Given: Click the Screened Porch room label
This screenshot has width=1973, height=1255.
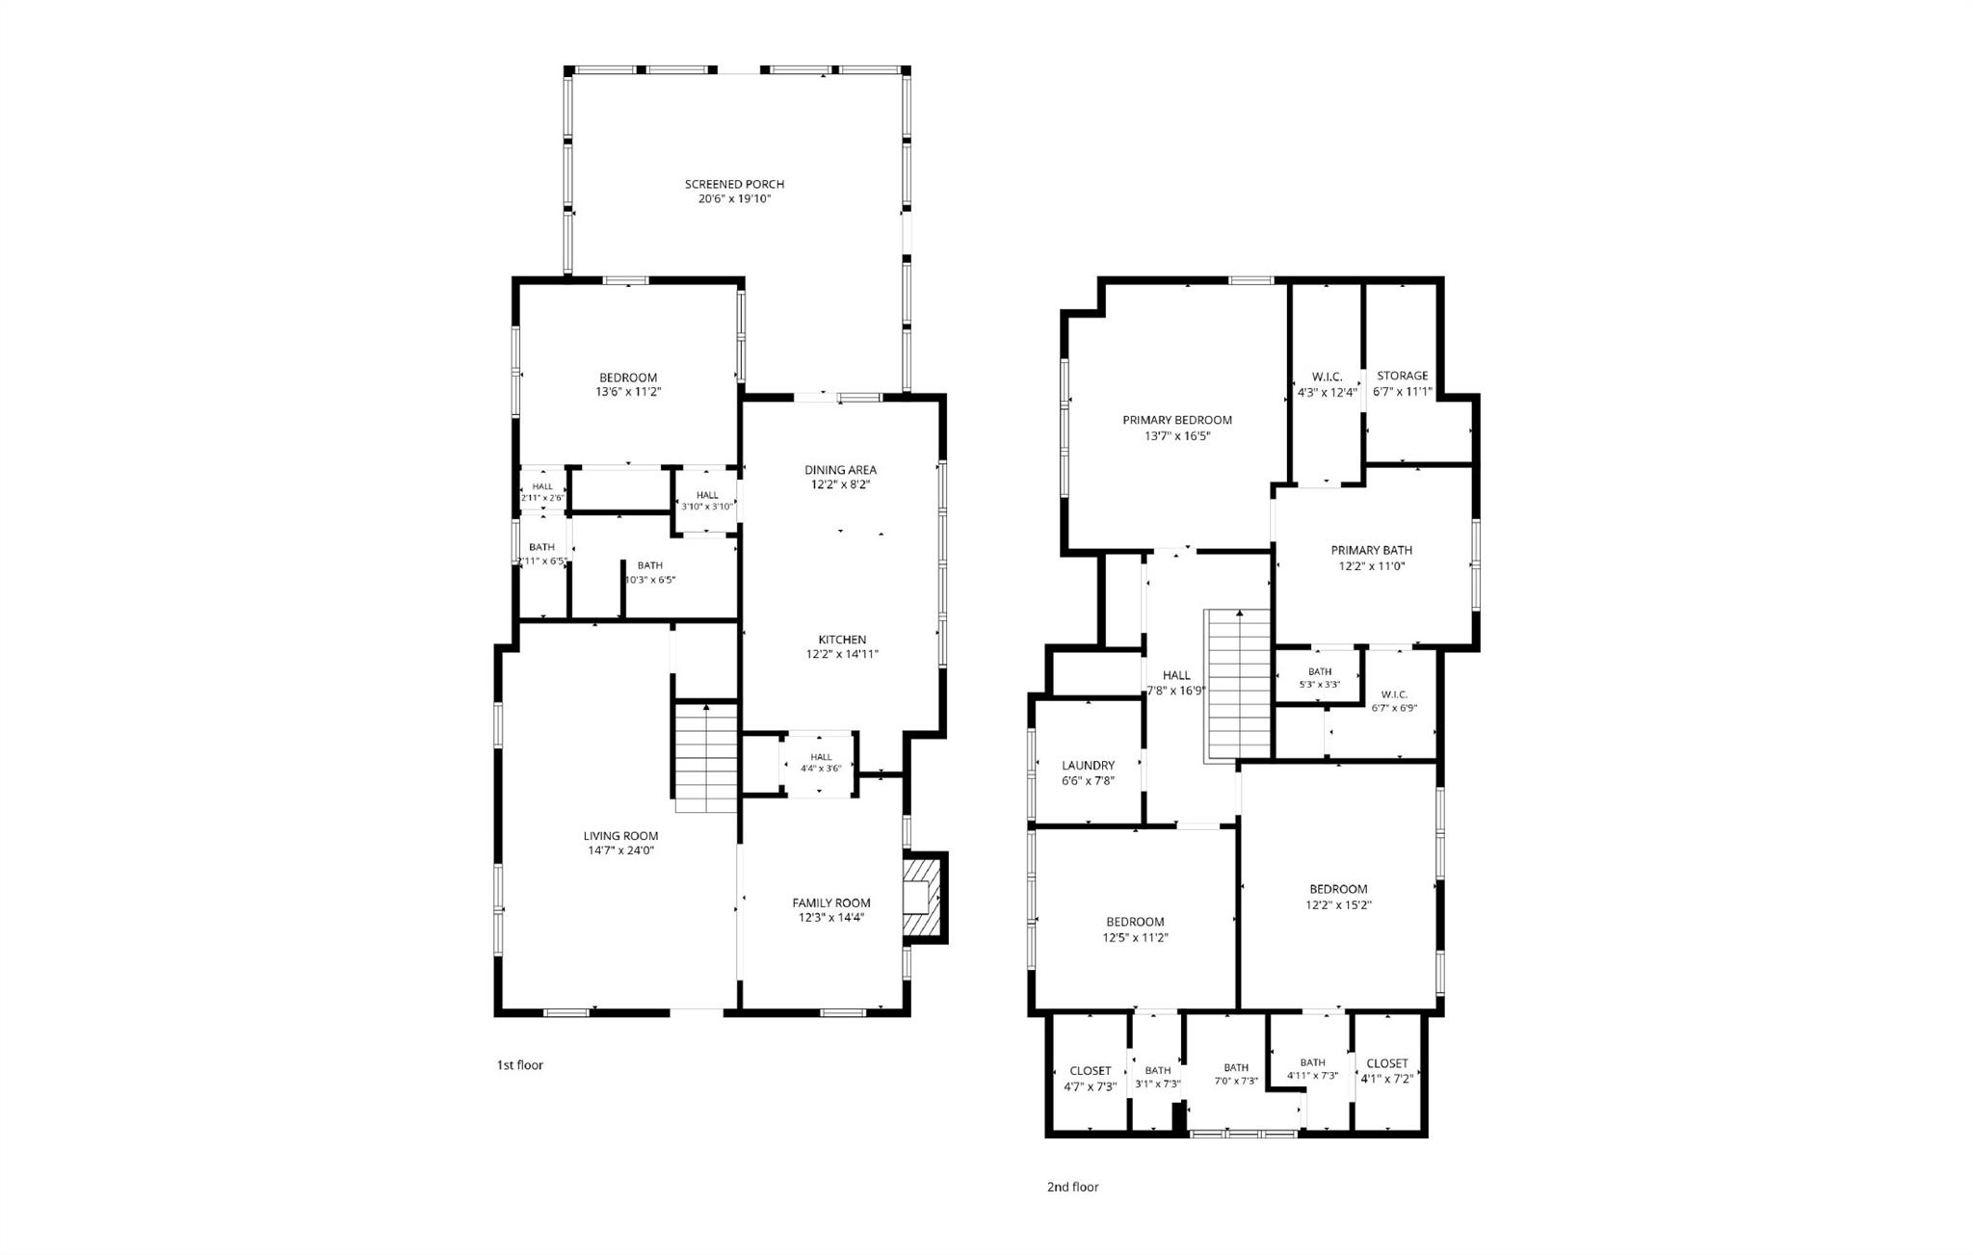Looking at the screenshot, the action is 734,184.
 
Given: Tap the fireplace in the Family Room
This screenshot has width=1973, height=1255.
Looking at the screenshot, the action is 925,898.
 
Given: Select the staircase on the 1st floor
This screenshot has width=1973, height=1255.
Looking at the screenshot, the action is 706,757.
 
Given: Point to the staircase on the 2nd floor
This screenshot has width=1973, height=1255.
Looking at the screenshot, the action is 1238,685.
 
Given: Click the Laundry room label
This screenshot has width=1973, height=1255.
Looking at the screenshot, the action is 1088,766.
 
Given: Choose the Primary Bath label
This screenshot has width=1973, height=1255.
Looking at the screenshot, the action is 1372,551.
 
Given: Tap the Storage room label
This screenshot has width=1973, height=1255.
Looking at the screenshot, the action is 1403,377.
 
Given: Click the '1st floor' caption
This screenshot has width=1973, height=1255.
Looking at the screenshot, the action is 520,1065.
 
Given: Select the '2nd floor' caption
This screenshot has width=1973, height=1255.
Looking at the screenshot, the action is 1072,1188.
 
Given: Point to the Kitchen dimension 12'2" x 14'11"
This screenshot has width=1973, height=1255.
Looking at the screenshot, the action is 842,655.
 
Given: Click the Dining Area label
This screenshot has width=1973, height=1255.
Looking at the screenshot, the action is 841,470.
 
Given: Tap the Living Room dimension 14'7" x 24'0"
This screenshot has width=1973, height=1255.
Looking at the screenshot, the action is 621,851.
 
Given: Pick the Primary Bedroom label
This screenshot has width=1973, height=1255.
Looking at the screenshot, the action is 1177,420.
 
